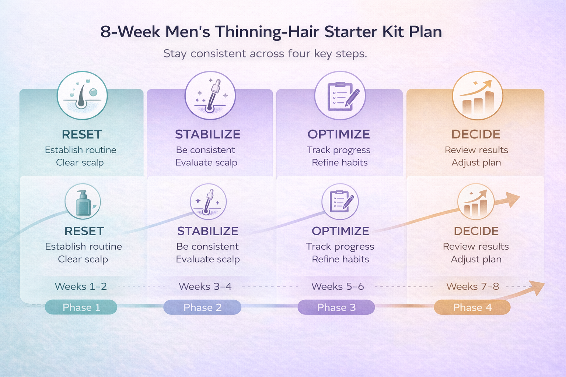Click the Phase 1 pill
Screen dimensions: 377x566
coord(81,307)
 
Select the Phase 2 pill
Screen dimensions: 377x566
coord(202,307)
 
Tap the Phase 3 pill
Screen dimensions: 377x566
coord(336,307)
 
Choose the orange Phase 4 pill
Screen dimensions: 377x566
coord(472,307)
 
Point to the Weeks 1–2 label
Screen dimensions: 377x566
coord(81,286)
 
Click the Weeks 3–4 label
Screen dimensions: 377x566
coord(205,286)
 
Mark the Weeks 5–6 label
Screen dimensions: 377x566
coord(338,286)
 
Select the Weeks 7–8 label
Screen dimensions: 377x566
coord(472,286)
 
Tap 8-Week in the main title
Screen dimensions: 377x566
coord(130,32)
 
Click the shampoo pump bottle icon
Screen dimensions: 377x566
coord(83,202)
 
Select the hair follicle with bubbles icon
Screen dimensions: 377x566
coord(82,95)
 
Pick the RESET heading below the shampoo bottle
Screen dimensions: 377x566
coord(84,231)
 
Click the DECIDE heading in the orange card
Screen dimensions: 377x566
coord(476,134)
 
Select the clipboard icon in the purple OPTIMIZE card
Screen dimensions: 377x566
coord(340,96)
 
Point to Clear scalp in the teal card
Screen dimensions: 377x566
coord(80,162)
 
